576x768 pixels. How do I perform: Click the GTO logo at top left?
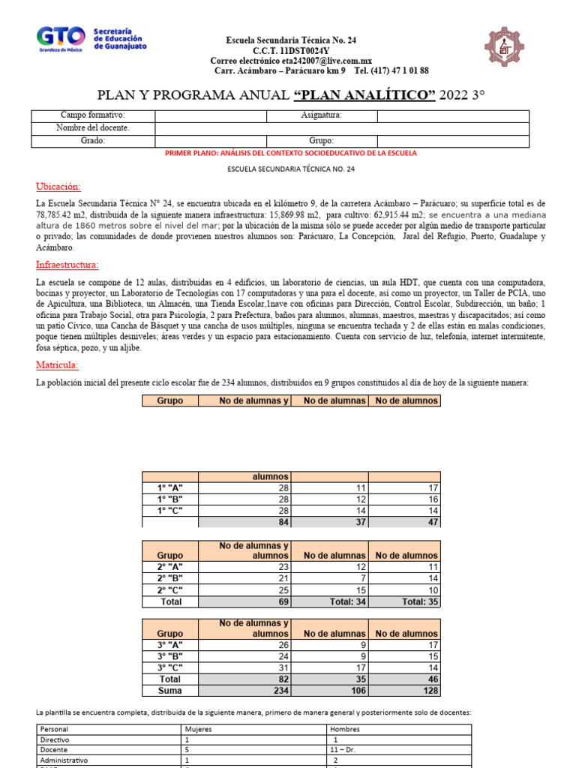91,40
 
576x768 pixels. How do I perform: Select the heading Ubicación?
58,187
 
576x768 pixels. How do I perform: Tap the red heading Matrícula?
57,365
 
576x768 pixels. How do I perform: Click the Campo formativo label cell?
92,115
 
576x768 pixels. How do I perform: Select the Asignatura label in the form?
322,115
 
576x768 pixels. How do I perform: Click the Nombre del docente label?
92,127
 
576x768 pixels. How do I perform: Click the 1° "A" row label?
169,487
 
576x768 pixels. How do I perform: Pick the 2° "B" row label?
169,579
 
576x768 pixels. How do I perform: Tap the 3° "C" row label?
169,667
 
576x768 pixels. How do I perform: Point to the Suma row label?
169,690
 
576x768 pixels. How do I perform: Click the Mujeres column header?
199,729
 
